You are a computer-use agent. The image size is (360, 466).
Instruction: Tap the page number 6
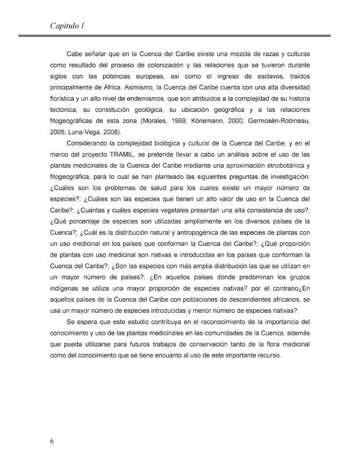coord(52,440)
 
